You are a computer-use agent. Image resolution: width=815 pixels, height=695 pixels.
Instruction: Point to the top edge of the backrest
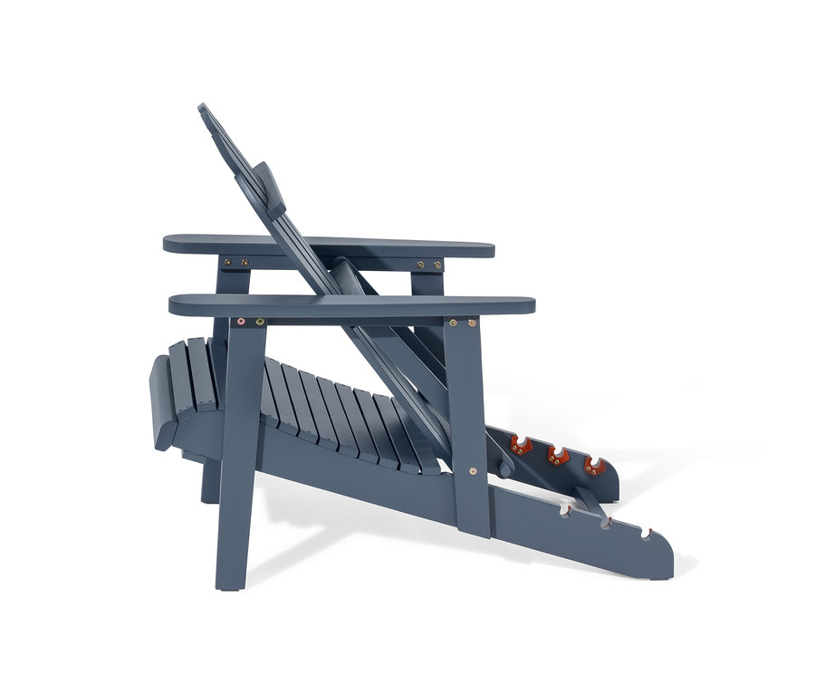(x=202, y=107)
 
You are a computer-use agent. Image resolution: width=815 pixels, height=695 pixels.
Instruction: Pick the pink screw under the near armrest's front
(x=242, y=321)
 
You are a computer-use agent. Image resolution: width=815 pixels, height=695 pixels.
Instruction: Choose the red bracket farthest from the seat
(x=594, y=466)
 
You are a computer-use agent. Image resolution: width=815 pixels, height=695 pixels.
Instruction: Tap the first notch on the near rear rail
(x=565, y=511)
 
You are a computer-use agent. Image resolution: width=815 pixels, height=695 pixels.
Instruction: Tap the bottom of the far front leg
(x=209, y=497)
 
